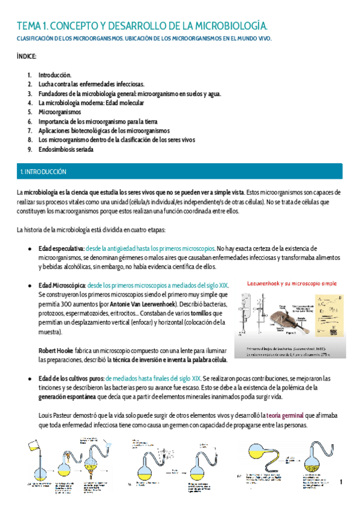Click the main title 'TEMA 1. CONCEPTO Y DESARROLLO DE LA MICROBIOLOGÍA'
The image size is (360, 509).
click(x=142, y=26)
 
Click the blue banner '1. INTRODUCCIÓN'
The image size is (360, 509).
click(x=43, y=172)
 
